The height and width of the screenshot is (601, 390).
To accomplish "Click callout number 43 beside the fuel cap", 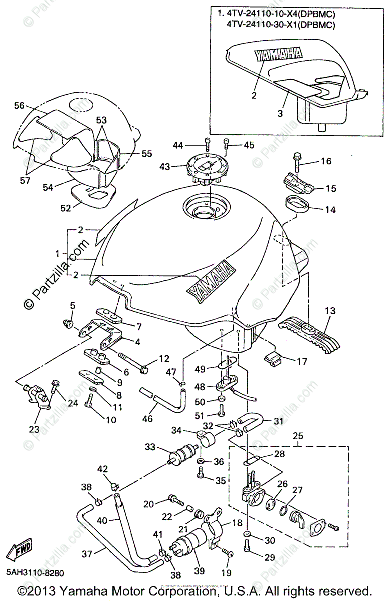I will click(177, 166).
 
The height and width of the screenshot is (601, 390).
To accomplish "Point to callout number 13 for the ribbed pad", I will click(329, 311).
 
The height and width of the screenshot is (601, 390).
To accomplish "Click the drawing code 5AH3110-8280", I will click(35, 571).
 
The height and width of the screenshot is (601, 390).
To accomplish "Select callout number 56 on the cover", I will click(19, 106).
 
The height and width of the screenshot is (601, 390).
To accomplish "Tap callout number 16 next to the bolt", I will click(326, 161).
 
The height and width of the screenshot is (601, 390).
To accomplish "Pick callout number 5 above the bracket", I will click(72, 305).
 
